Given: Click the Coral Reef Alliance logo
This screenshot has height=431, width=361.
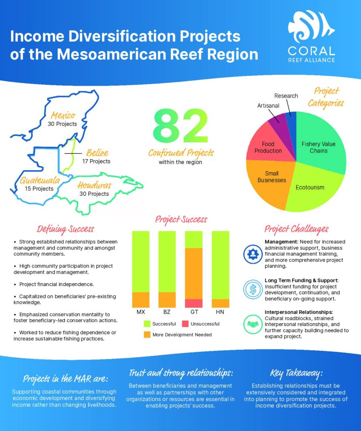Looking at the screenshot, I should [311, 37].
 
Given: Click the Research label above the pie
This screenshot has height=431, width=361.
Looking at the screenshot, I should [286, 96].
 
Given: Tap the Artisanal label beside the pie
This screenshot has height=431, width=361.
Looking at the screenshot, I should [268, 106].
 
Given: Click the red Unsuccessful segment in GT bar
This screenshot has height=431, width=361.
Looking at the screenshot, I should [194, 303].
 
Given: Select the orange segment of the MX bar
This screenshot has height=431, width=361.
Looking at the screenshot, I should [141, 299].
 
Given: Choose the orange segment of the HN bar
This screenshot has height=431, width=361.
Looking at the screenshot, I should [220, 303].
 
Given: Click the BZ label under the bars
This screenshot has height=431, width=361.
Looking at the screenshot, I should [167, 313].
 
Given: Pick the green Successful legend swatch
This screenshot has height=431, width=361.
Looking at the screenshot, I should [147, 324].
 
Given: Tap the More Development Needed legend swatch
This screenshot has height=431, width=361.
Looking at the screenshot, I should [147, 335].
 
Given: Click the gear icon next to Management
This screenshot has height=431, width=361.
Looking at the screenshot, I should [253, 254].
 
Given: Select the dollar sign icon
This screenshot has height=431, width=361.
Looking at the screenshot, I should [253, 289].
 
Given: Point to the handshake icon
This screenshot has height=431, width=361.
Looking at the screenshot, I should [253, 325].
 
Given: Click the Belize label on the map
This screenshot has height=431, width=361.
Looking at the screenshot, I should [97, 153].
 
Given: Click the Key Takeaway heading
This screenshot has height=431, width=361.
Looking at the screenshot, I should [296, 373].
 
